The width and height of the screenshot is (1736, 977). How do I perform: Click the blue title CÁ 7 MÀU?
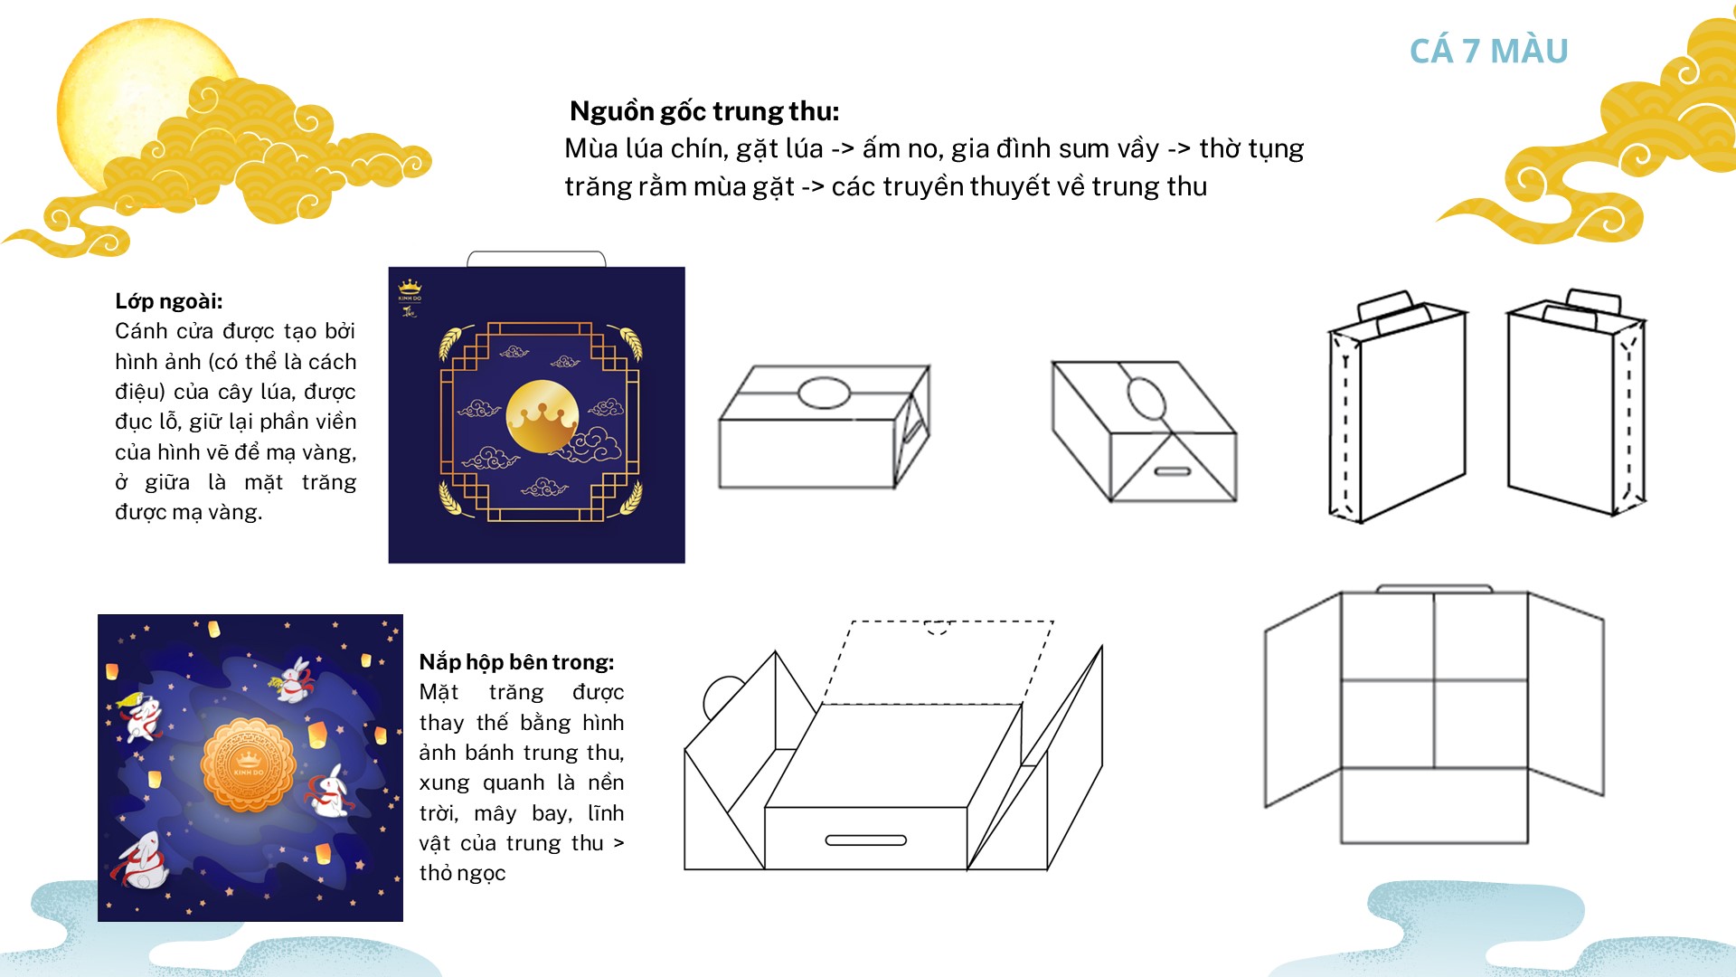(1488, 51)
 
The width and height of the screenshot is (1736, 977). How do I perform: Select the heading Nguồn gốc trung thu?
(704, 111)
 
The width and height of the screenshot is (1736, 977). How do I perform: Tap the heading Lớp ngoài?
(169, 301)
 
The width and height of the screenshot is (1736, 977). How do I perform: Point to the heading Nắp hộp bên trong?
(516, 662)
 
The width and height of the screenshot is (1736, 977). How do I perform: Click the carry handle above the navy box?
(536, 259)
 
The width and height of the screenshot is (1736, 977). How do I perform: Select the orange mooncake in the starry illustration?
(249, 765)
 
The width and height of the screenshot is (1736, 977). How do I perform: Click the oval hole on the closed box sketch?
(825, 394)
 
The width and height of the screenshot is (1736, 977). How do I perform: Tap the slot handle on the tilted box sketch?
(1173, 471)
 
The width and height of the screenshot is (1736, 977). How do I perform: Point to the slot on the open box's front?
(866, 840)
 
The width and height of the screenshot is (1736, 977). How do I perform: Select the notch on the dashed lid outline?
(939, 627)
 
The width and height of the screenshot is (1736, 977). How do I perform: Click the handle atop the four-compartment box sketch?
(1434, 588)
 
